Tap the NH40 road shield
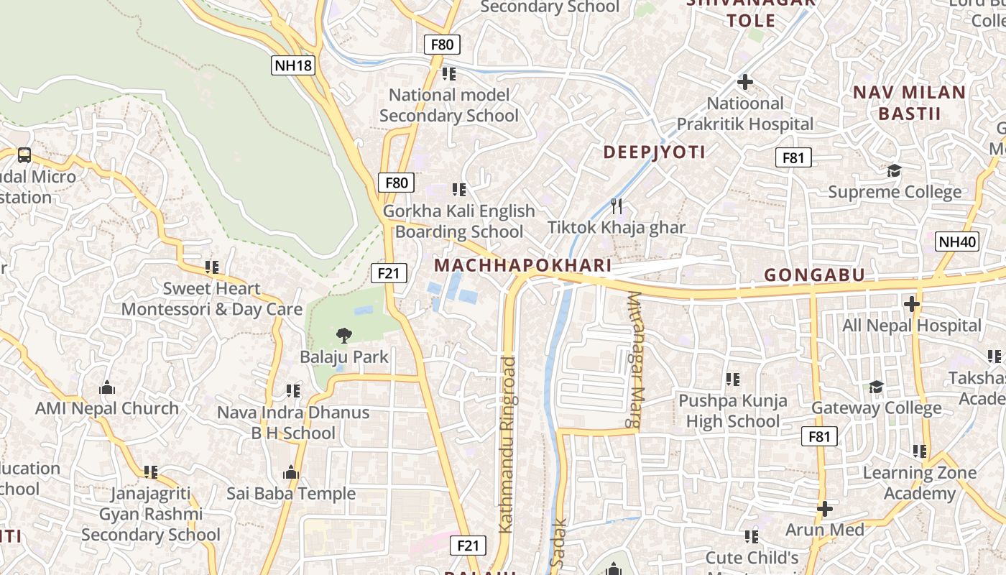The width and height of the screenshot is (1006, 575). click(x=957, y=241)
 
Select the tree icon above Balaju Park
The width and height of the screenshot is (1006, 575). click(x=344, y=335)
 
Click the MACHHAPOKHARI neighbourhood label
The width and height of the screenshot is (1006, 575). click(x=522, y=265)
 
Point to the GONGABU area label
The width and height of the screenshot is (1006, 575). click(x=814, y=275)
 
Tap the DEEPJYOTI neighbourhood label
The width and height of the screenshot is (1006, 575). click(x=654, y=152)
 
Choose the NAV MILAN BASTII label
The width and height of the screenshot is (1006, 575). click(x=909, y=103)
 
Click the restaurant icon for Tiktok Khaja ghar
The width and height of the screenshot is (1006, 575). click(x=616, y=207)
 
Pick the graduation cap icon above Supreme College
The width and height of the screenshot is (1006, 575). click(x=894, y=171)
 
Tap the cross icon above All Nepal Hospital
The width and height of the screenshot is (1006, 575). click(x=911, y=304)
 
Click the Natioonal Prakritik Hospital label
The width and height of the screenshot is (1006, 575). click(x=745, y=114)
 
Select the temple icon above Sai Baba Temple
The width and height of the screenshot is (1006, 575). click(x=291, y=472)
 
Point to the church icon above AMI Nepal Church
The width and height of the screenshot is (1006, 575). click(x=107, y=388)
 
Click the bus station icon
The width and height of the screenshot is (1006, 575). click(x=24, y=155)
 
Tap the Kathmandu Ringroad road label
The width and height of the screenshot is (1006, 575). click(x=507, y=444)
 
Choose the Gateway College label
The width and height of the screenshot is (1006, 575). click(x=876, y=408)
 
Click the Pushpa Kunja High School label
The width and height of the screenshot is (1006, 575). click(x=733, y=410)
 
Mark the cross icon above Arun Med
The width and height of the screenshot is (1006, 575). click(x=824, y=509)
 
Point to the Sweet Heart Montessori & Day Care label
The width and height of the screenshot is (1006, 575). click(x=211, y=299)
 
